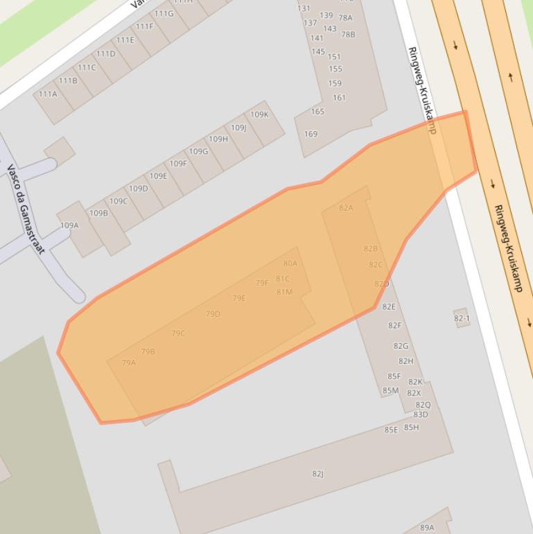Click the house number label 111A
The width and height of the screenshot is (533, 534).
48,94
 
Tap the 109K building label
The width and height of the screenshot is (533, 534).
259,114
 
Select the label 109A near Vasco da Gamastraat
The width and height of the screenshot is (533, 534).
69,225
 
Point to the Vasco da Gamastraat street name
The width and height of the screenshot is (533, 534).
26,208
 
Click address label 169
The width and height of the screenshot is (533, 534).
311,134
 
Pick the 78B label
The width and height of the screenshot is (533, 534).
348,34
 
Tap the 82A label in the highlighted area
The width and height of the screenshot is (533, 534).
346,207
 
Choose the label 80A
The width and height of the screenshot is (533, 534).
290,264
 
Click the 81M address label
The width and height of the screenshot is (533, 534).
284,292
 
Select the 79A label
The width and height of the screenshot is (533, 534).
129,363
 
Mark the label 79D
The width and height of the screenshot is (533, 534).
213,314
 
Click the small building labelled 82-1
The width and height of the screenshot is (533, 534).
462,318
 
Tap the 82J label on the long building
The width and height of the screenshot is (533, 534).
317,474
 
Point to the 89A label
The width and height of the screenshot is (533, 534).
427,528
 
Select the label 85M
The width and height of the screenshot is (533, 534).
390,390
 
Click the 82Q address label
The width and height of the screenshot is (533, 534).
423,405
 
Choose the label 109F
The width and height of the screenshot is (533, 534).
178,164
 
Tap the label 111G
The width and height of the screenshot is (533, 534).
164,14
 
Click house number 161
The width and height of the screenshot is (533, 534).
339,98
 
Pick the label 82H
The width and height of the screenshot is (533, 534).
405,361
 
